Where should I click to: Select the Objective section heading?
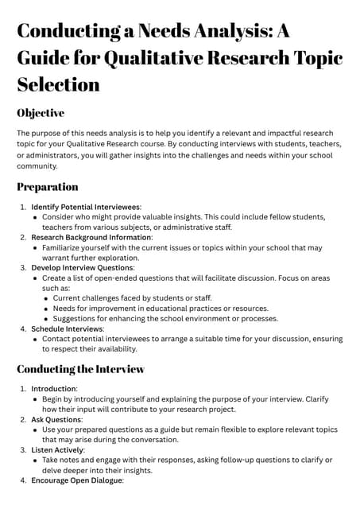tap(41, 113)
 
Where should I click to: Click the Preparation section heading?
tap(48, 187)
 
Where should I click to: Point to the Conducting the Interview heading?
tap(80, 369)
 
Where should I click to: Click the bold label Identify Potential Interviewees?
tap(86, 207)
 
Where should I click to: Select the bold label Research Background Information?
tap(91, 237)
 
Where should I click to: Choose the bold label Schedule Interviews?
tap(67, 328)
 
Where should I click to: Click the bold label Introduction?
tap(53, 389)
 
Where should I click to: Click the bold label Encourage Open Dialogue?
tap(76, 480)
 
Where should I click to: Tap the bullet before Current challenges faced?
tap(46, 298)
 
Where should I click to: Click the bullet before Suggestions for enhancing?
tap(46, 318)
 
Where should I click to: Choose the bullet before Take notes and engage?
tap(35, 460)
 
